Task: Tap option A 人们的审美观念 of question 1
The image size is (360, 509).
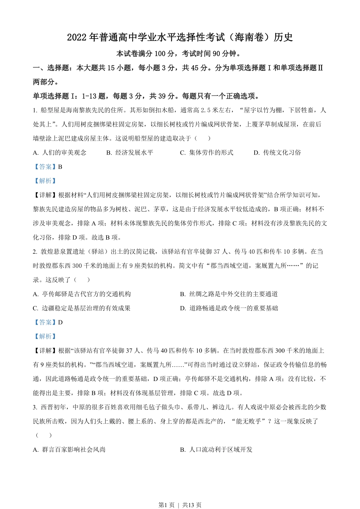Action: click(60, 153)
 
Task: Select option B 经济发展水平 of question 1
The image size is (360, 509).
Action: click(130, 153)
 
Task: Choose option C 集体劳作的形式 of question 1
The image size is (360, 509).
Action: click(207, 153)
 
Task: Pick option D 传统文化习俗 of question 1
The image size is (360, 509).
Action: click(278, 153)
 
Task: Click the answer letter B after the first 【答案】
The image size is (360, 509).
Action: click(60, 167)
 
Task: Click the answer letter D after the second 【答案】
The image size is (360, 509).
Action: click(60, 322)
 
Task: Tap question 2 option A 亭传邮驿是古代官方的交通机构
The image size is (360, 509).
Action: click(82, 294)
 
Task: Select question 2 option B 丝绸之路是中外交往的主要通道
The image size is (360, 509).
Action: click(229, 294)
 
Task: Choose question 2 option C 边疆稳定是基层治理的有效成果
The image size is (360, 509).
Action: click(82, 308)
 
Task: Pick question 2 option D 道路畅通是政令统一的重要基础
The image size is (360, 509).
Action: click(229, 308)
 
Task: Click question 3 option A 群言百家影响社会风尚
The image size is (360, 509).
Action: click(69, 450)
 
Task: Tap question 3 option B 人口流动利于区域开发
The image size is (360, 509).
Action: click(216, 450)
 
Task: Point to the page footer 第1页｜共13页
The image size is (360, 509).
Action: click(180, 505)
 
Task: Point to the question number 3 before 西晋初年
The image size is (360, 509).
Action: click(35, 407)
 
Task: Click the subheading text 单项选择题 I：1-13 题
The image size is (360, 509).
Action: click(72, 96)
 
